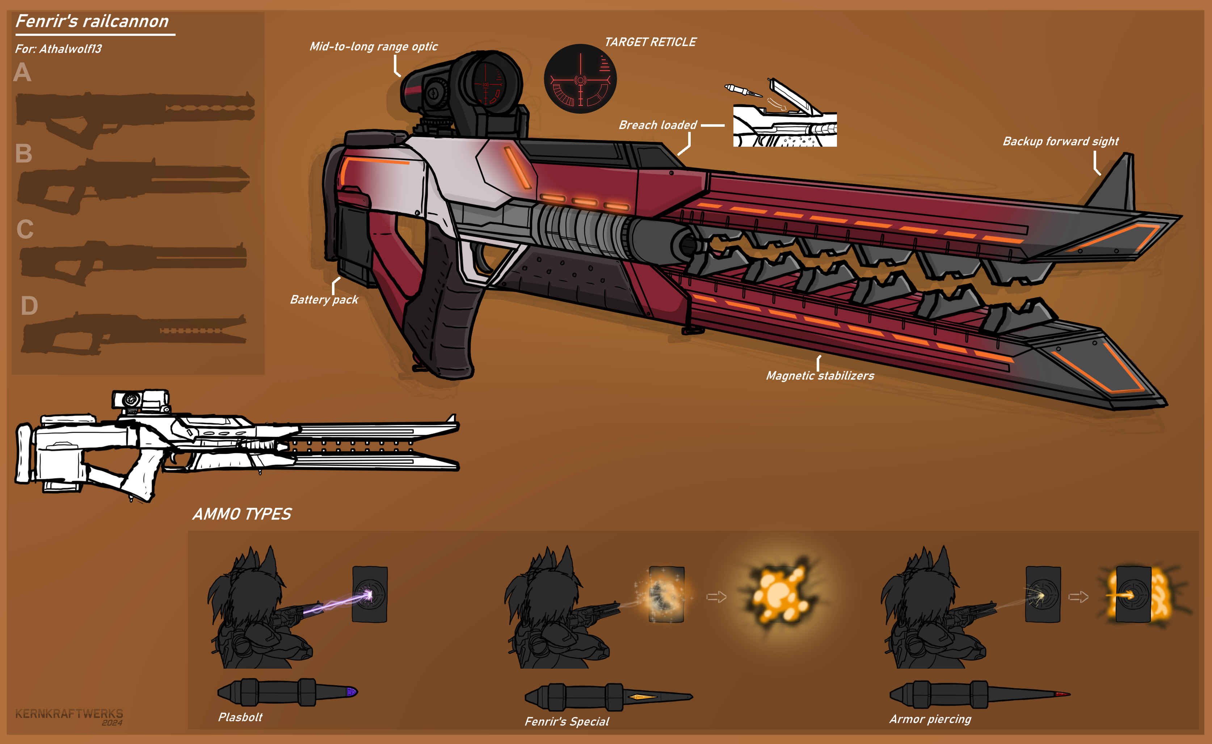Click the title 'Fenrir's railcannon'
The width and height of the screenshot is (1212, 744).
tap(92, 21)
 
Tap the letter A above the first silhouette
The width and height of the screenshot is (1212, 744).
tap(22, 73)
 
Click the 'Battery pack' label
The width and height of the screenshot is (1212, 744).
tap(324, 300)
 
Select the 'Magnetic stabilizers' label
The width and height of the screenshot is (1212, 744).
tap(820, 376)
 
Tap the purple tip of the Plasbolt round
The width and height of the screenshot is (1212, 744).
tap(351, 692)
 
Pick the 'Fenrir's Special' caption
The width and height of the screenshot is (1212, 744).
tap(567, 722)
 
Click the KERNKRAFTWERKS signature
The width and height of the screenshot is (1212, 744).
tap(69, 714)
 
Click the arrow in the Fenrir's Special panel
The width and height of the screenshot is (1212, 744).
tap(716, 597)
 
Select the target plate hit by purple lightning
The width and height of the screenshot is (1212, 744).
tap(370, 594)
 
